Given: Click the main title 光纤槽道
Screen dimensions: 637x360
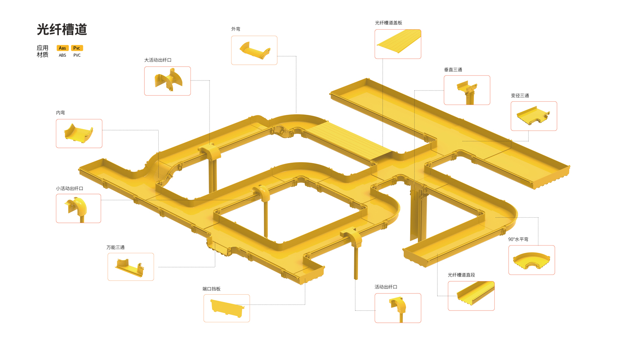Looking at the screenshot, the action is [x=62, y=30].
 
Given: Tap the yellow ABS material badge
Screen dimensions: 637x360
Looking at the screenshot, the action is [x=63, y=48].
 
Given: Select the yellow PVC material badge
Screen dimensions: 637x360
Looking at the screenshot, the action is [x=77, y=48].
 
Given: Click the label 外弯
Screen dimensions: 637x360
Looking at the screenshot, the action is [x=236, y=29].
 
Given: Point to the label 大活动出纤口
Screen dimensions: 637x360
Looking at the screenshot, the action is [x=158, y=60].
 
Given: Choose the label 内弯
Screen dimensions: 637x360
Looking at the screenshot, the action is [x=61, y=113].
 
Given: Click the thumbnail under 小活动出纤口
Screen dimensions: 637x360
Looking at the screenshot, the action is [x=78, y=208].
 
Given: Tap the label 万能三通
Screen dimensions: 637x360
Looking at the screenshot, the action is [x=116, y=247].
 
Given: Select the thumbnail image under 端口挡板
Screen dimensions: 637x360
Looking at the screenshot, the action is [x=226, y=308].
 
